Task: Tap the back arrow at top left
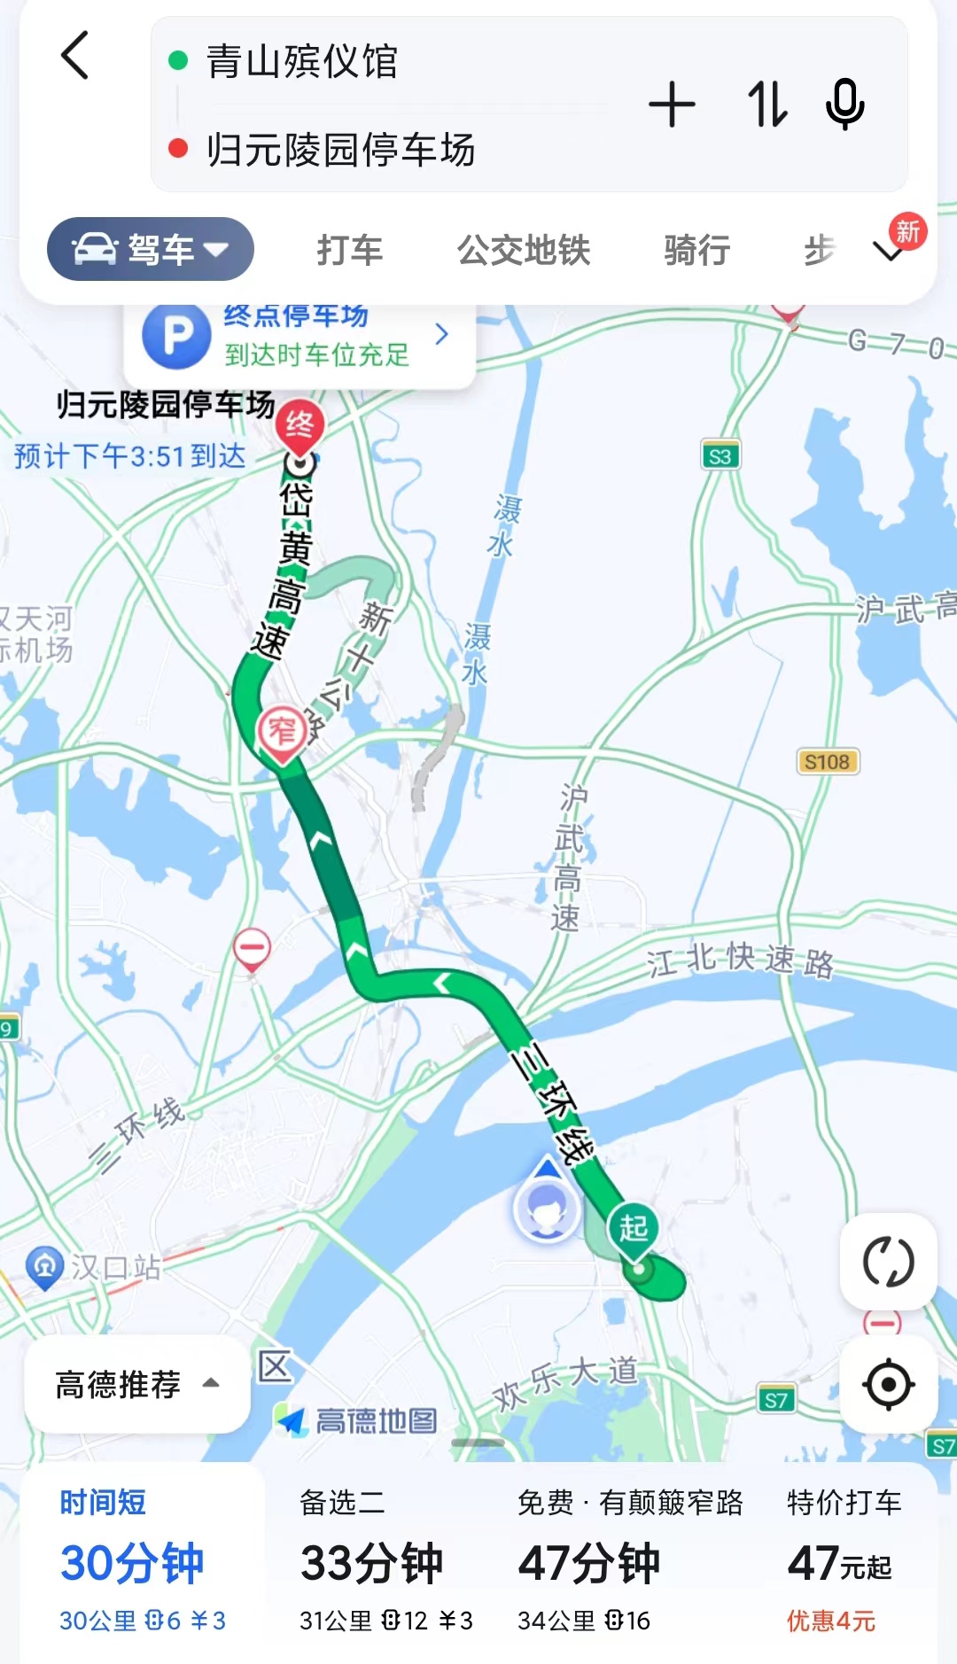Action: (75, 56)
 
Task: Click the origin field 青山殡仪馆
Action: (301, 61)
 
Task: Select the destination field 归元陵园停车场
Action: (340, 150)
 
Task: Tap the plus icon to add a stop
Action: (672, 105)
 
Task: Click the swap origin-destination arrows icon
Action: (766, 105)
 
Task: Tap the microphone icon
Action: (844, 105)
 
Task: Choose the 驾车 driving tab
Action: (151, 249)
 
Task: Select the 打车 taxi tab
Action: (350, 250)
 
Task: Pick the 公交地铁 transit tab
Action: (524, 250)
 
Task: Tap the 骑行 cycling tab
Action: (696, 250)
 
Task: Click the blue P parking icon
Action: (177, 336)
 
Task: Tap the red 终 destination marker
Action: (300, 424)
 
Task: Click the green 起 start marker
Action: (633, 1228)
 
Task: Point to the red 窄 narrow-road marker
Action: (282, 732)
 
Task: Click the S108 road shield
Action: (827, 762)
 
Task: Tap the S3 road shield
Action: (720, 456)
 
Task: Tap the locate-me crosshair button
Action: (888, 1384)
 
